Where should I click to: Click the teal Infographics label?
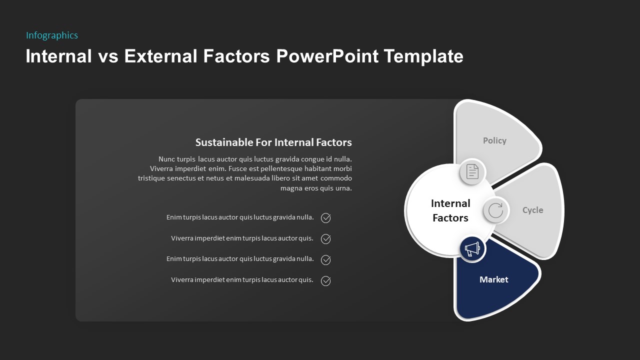(x=52, y=35)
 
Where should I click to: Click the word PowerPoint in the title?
(x=327, y=56)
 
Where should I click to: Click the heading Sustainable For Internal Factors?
(x=273, y=142)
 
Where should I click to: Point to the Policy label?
(x=494, y=141)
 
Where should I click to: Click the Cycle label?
(x=532, y=210)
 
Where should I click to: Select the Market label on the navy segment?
(x=493, y=280)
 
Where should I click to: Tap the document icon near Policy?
(x=472, y=172)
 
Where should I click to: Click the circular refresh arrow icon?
(x=495, y=210)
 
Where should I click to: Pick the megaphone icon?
(x=472, y=249)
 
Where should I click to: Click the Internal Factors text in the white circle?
(x=450, y=210)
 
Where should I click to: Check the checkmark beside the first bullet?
(x=325, y=218)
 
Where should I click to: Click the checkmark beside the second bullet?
(x=325, y=239)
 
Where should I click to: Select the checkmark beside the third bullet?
(x=325, y=260)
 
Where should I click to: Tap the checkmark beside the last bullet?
(x=325, y=281)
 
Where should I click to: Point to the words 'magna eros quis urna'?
(x=316, y=188)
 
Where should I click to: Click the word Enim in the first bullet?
(x=174, y=217)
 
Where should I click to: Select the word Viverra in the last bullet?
(x=182, y=280)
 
